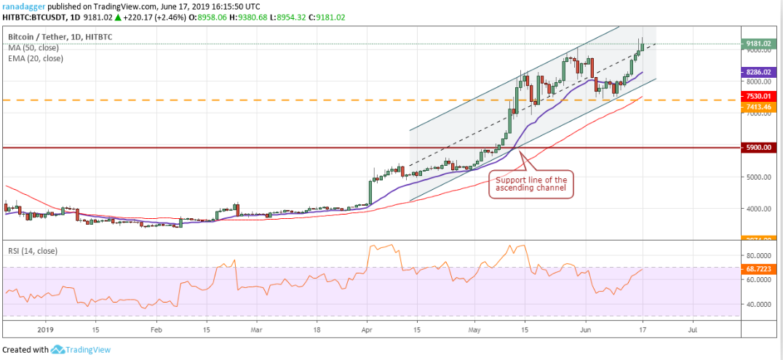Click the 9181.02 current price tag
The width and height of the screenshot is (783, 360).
click(757, 44)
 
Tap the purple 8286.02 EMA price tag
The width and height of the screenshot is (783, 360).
click(757, 73)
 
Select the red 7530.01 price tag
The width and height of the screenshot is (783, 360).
click(757, 96)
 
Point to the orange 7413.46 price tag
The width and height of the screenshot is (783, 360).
click(757, 107)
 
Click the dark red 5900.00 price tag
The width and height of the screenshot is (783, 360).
click(757, 148)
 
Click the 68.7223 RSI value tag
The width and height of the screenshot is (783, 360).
click(757, 269)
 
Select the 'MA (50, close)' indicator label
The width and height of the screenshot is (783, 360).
click(33, 48)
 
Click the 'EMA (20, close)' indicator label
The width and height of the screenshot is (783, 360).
click(36, 58)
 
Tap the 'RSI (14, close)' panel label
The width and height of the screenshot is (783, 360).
click(34, 251)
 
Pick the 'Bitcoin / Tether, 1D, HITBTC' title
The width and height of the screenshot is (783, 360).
click(61, 36)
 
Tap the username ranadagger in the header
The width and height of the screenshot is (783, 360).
click(28, 6)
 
